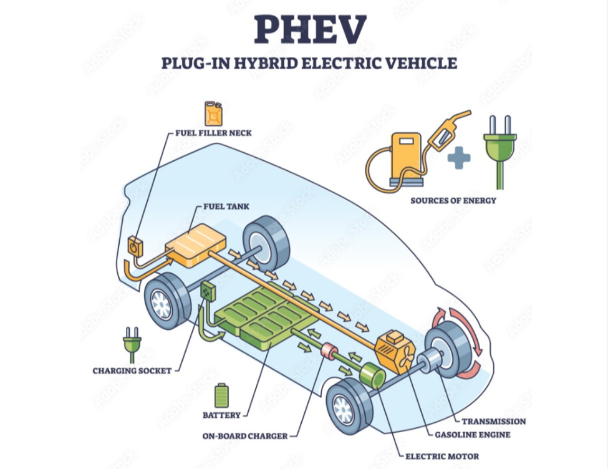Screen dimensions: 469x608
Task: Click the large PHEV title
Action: pyautogui.click(x=309, y=29)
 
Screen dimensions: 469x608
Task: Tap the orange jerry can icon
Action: pyautogui.click(x=213, y=114)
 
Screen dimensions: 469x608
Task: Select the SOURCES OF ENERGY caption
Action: pyautogui.click(x=453, y=200)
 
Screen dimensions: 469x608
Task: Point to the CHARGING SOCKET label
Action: pyautogui.click(x=132, y=370)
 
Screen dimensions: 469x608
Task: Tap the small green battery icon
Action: pyautogui.click(x=221, y=395)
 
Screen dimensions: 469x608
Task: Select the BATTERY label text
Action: pyautogui.click(x=221, y=415)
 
